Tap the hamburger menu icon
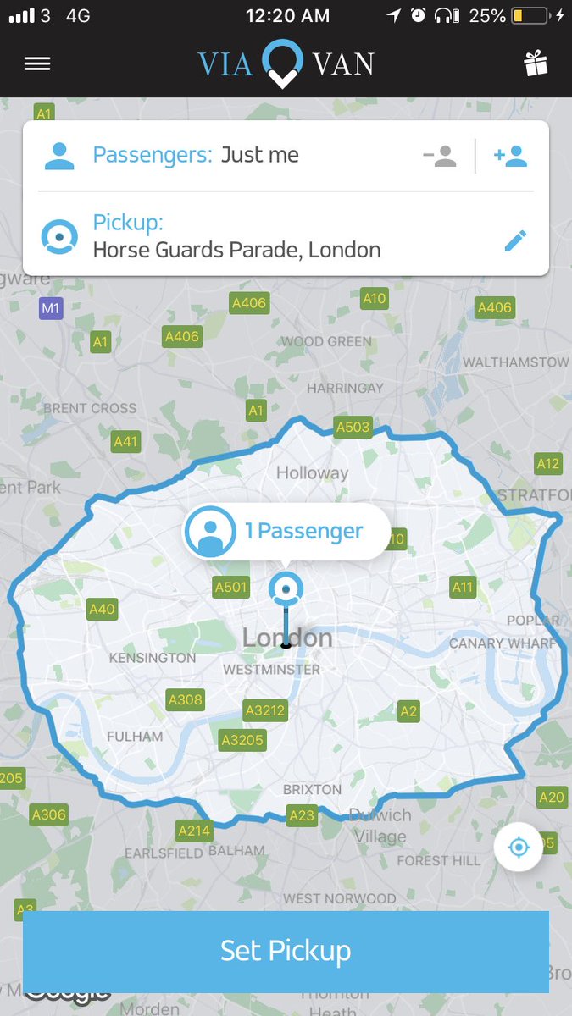tap(37, 63)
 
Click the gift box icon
tap(536, 63)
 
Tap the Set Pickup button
tap(286, 951)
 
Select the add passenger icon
tap(511, 156)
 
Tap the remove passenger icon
tap(440, 156)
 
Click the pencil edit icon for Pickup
tap(515, 240)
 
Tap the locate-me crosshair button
tap(519, 846)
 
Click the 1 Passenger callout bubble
tap(286, 532)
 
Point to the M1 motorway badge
tap(51, 308)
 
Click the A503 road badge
tap(353, 427)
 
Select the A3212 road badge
tap(265, 710)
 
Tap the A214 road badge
tap(194, 831)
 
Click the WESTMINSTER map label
tap(272, 670)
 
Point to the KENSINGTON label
tap(153, 658)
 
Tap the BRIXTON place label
tap(312, 789)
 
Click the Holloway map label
tap(312, 473)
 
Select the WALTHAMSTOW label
tap(515, 362)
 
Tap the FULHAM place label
tap(135, 737)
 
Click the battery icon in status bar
tap(530, 15)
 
